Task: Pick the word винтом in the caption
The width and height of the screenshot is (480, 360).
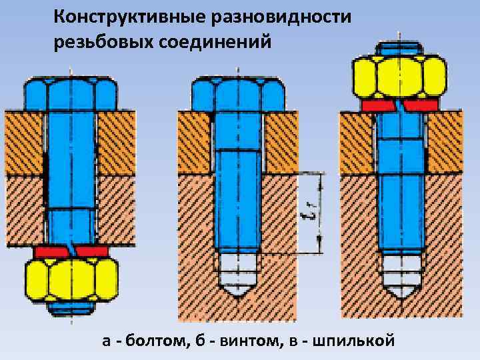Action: [x=245, y=341]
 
